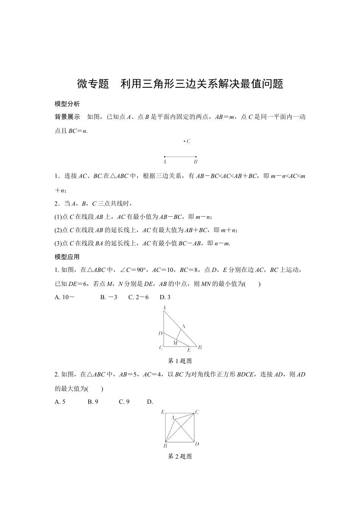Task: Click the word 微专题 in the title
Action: tap(93, 84)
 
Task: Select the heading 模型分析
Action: tap(67, 104)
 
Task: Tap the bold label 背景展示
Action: tap(67, 117)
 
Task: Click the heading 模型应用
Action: tap(67, 257)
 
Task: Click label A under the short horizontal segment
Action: tap(164, 162)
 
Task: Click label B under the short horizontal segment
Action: tap(196, 162)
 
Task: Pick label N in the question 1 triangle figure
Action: tap(184, 326)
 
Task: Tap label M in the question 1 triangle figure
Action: tap(175, 343)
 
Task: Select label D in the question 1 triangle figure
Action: tap(160, 334)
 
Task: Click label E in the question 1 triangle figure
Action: tap(189, 350)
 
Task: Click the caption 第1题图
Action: tap(180, 361)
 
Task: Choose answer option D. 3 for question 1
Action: tap(165, 297)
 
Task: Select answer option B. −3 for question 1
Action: tap(109, 297)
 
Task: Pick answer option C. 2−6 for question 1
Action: tap(138, 297)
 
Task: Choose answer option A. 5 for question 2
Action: tap(60, 402)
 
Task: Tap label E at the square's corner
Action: tap(163, 412)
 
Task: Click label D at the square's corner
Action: tap(197, 444)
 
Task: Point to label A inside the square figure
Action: tap(172, 418)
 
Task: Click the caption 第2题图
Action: tap(180, 457)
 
